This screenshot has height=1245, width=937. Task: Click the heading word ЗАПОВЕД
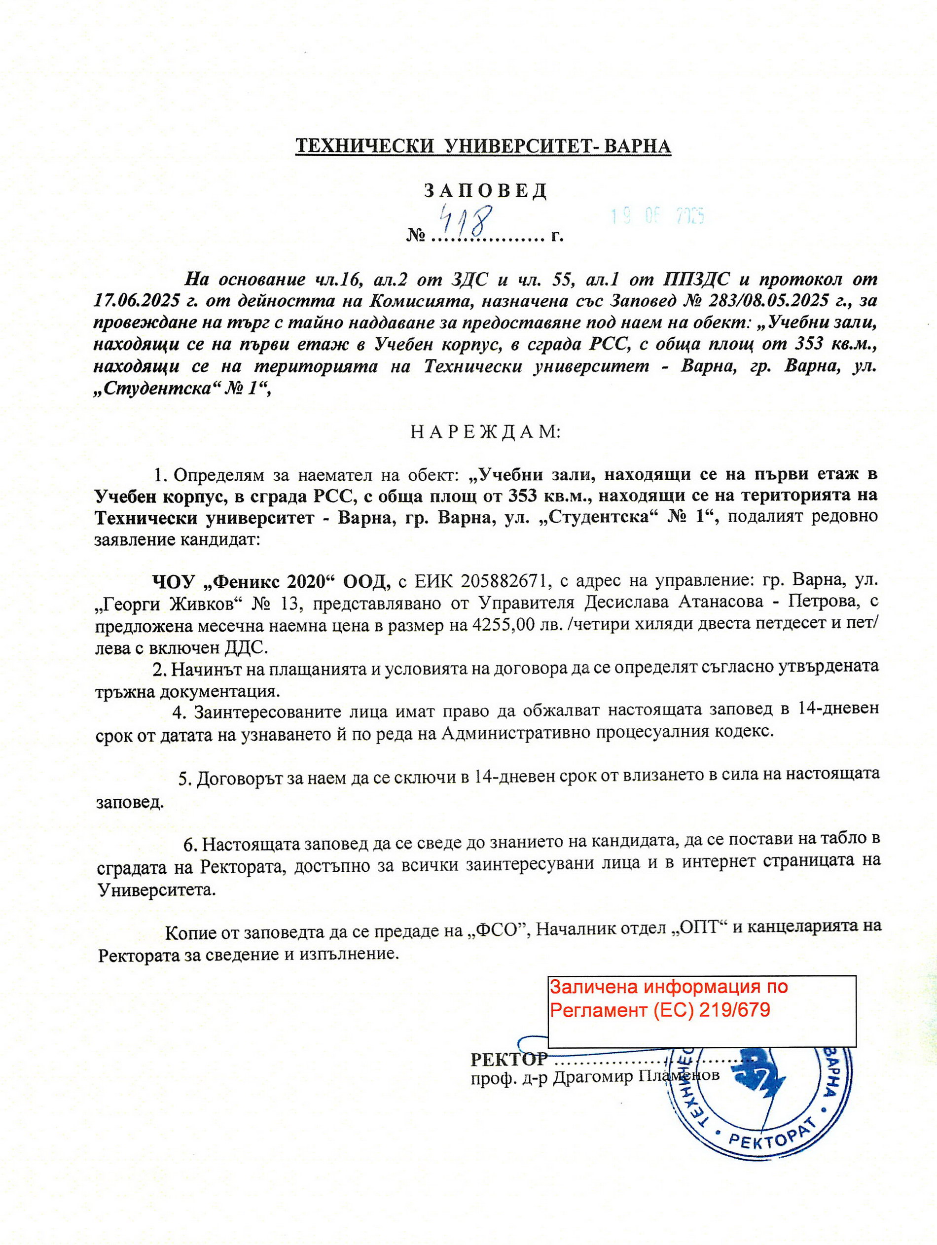[485, 191]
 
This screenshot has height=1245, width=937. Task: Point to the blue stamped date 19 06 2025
[658, 216]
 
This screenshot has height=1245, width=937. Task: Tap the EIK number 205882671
[504, 580]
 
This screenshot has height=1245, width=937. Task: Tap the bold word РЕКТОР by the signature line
[508, 1059]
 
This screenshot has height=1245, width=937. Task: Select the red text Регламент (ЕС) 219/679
[660, 1010]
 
